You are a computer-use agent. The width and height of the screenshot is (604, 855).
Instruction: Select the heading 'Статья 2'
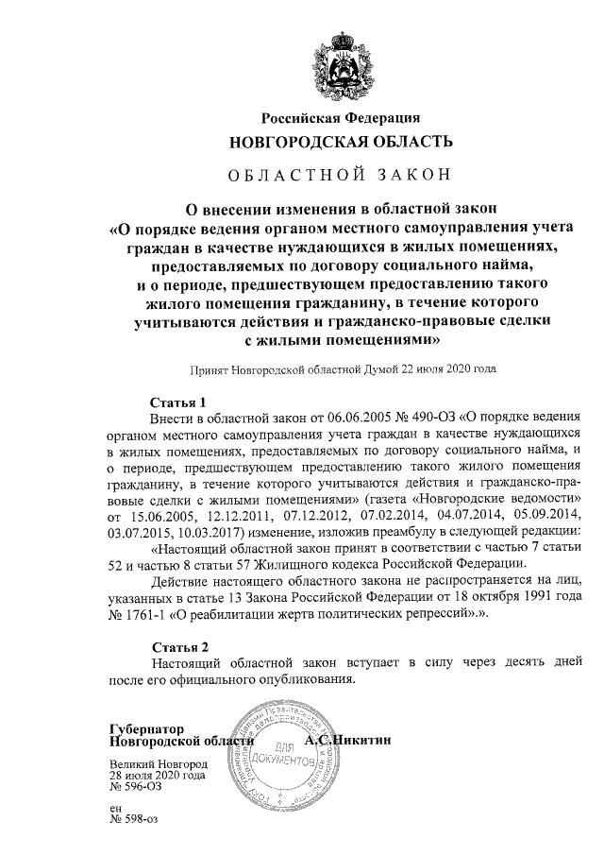click(180, 647)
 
